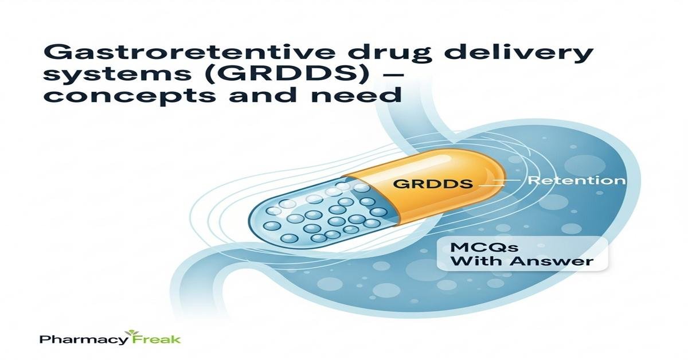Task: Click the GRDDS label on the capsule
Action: [433, 183]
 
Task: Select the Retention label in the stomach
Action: [576, 180]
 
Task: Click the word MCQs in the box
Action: [483, 247]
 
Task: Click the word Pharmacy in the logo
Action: [83, 339]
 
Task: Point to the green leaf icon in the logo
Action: [132, 332]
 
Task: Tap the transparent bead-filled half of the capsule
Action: [319, 215]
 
